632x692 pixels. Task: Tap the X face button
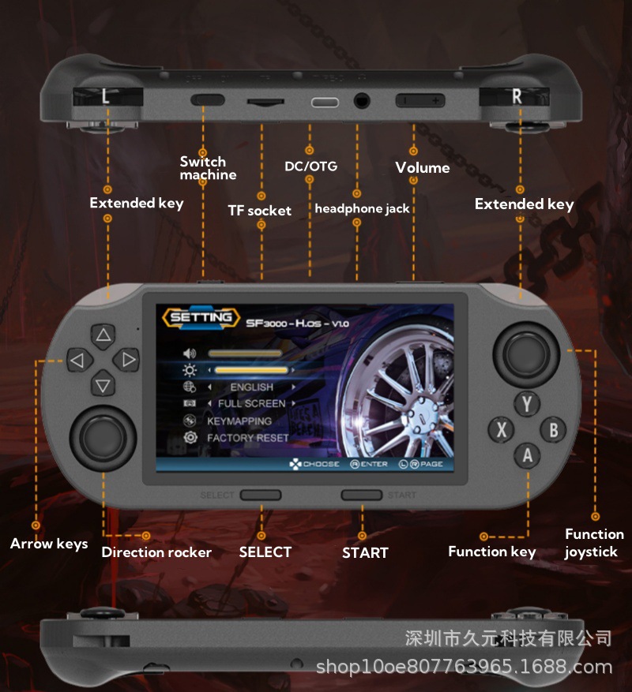tap(502, 430)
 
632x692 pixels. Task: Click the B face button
tap(553, 430)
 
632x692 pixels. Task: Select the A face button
tap(528, 455)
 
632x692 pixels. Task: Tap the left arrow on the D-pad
tap(77, 361)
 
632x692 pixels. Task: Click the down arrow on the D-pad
tap(103, 386)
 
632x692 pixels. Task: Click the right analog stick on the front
tap(529, 353)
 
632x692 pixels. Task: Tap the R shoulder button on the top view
tap(517, 96)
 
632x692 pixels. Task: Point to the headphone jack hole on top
tap(363, 101)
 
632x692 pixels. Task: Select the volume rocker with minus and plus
tap(421, 101)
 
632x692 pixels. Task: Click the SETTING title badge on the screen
tap(201, 318)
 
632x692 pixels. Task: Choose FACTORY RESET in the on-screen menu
tap(247, 438)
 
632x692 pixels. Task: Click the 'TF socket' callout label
tap(259, 211)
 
